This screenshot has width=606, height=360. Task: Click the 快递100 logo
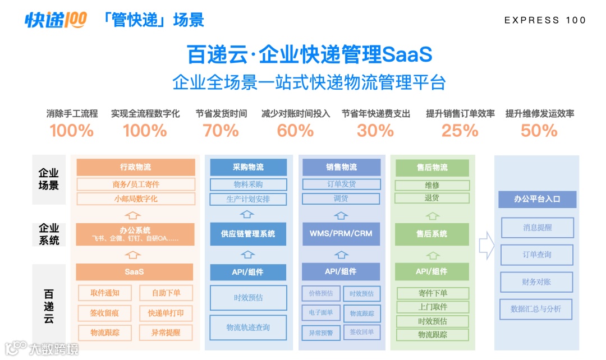click(x=56, y=20)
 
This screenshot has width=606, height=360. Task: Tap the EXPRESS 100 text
click(x=545, y=20)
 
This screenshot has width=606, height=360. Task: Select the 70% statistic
click(x=221, y=131)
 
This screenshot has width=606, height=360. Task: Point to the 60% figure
click(x=295, y=131)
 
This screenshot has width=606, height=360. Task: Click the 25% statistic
click(x=460, y=131)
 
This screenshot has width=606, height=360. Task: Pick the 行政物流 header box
click(x=135, y=167)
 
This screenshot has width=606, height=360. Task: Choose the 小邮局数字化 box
click(x=135, y=199)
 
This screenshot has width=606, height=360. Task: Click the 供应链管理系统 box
click(x=247, y=234)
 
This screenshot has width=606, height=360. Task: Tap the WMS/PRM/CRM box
click(x=341, y=234)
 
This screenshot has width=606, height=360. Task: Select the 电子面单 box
click(x=320, y=312)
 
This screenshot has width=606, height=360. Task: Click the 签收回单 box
click(x=361, y=332)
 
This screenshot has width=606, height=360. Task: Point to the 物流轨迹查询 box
click(x=247, y=327)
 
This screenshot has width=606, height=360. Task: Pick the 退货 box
click(x=431, y=198)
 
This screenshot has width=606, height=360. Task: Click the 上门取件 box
click(x=432, y=307)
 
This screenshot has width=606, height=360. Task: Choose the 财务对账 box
click(x=536, y=282)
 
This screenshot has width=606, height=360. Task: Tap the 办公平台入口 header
click(x=536, y=199)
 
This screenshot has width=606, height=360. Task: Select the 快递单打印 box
click(x=166, y=312)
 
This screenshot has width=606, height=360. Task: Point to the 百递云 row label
click(x=49, y=306)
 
